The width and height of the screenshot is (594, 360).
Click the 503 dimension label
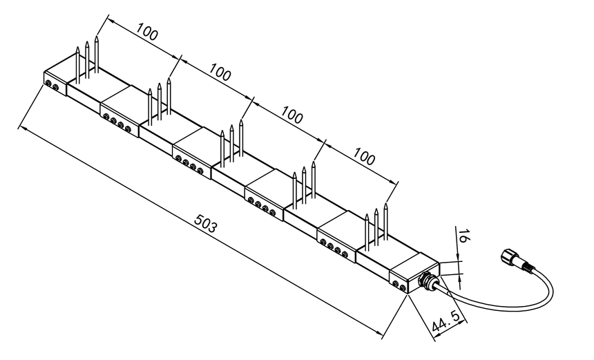(206, 223)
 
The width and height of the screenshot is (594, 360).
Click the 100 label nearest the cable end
(365, 156)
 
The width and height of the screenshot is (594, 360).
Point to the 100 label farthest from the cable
(146, 32)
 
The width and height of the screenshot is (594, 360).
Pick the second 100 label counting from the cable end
(291, 115)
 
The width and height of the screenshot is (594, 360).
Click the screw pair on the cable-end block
(399, 285)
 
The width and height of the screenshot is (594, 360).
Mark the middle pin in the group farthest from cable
(87, 60)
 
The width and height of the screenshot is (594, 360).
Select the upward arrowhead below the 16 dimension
(460, 277)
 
